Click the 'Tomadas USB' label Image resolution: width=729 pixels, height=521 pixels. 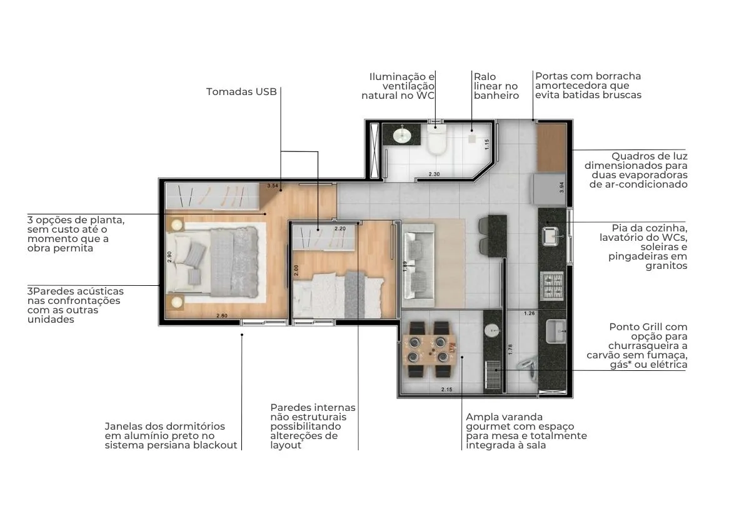pos(241,92)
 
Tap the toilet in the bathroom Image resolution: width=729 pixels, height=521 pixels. pos(436,138)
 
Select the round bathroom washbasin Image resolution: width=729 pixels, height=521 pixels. pos(401,136)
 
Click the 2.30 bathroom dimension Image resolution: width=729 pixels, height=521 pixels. pos(435,174)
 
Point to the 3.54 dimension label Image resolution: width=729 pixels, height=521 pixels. pos(273,186)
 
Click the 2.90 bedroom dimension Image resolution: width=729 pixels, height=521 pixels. pos(169,257)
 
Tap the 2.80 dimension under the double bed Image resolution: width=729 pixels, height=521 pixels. pos(222,316)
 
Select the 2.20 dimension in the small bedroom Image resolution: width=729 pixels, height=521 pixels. pos(340,228)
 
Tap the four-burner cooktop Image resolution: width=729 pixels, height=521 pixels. pos(552,285)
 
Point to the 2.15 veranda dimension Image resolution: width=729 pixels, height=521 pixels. pos(446,390)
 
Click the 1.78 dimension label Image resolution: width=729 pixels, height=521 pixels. pos(510,350)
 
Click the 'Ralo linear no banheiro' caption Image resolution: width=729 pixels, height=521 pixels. pos(496,86)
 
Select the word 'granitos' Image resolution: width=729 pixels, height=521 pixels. pos(666,266)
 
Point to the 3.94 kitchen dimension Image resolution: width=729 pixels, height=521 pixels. pos(561,188)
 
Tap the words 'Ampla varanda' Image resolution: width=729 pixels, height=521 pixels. pos(505,417)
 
